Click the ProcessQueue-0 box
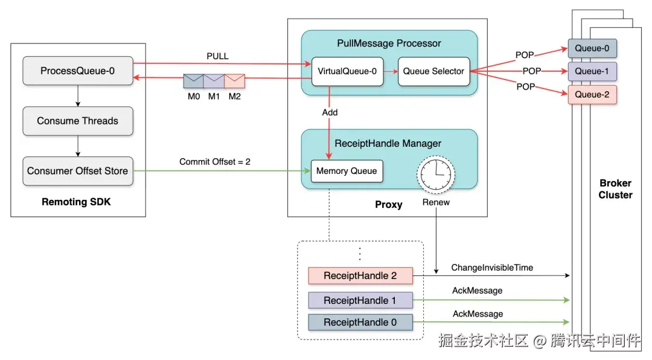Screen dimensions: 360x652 coord(77,71)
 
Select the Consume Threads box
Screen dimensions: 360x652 coord(77,121)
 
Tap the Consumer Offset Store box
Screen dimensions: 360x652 coord(77,171)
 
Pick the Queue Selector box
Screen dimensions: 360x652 coord(433,71)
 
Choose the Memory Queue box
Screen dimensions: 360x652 coord(347,171)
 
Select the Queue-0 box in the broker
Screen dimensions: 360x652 coord(592,48)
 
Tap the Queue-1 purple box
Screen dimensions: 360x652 coord(592,71)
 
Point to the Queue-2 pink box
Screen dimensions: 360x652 coord(592,95)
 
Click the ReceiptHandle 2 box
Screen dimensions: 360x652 coord(360,276)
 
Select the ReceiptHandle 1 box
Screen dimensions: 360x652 coord(360,300)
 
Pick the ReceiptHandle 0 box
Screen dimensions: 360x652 coord(360,323)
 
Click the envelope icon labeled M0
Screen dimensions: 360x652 coord(194,82)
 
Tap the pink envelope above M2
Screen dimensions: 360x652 coord(234,82)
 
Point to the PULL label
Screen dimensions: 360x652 coord(217,56)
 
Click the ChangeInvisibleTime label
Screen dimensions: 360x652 coord(492,268)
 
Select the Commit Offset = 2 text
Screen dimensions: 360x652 coord(214,162)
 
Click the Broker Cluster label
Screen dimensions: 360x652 coord(615,189)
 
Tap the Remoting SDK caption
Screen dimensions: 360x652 coord(76,202)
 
